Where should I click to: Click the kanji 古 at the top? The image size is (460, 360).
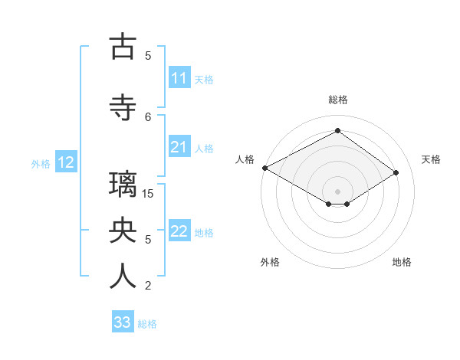coord(123,47)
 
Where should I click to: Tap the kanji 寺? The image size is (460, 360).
coord(123,108)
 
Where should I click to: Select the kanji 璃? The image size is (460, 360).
coord(123,185)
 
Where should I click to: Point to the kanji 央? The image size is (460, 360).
coord(123,231)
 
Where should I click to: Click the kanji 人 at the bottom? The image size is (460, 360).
coord(123,277)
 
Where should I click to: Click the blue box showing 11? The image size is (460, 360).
coord(179,78)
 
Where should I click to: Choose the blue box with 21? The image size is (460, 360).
coord(179,147)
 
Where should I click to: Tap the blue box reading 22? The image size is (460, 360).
coord(179,231)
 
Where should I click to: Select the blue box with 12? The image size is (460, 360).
coord(65,162)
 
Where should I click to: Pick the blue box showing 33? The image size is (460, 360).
coord(122,322)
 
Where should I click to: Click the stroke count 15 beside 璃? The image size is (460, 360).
coord(148,193)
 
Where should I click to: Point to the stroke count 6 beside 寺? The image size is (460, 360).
coord(148,116)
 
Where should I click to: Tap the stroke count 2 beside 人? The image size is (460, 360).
coord(148,286)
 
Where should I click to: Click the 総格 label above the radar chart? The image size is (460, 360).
coord(337,100)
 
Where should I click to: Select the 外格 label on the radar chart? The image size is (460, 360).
coord(270,262)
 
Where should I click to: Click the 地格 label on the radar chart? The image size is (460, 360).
coord(402,262)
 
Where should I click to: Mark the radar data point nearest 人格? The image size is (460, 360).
coord(264,167)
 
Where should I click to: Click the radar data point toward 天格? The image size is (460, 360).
coord(396,172)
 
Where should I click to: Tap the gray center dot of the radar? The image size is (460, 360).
coord(337,190)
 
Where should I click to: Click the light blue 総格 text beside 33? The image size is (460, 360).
coord(147,324)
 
